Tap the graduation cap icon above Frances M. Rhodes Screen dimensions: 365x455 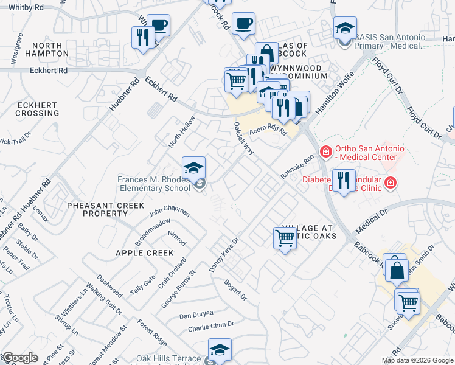[193, 167]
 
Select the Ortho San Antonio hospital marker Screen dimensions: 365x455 [326, 151]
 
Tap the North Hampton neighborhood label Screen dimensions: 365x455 [47, 49]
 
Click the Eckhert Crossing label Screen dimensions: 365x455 [36, 109]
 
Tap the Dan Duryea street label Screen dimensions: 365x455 [196, 315]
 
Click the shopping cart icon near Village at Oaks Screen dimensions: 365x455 [285, 237]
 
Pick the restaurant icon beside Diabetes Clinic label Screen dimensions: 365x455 [344, 181]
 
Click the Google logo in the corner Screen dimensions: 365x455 [19, 358]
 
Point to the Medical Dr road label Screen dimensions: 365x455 [372, 221]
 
